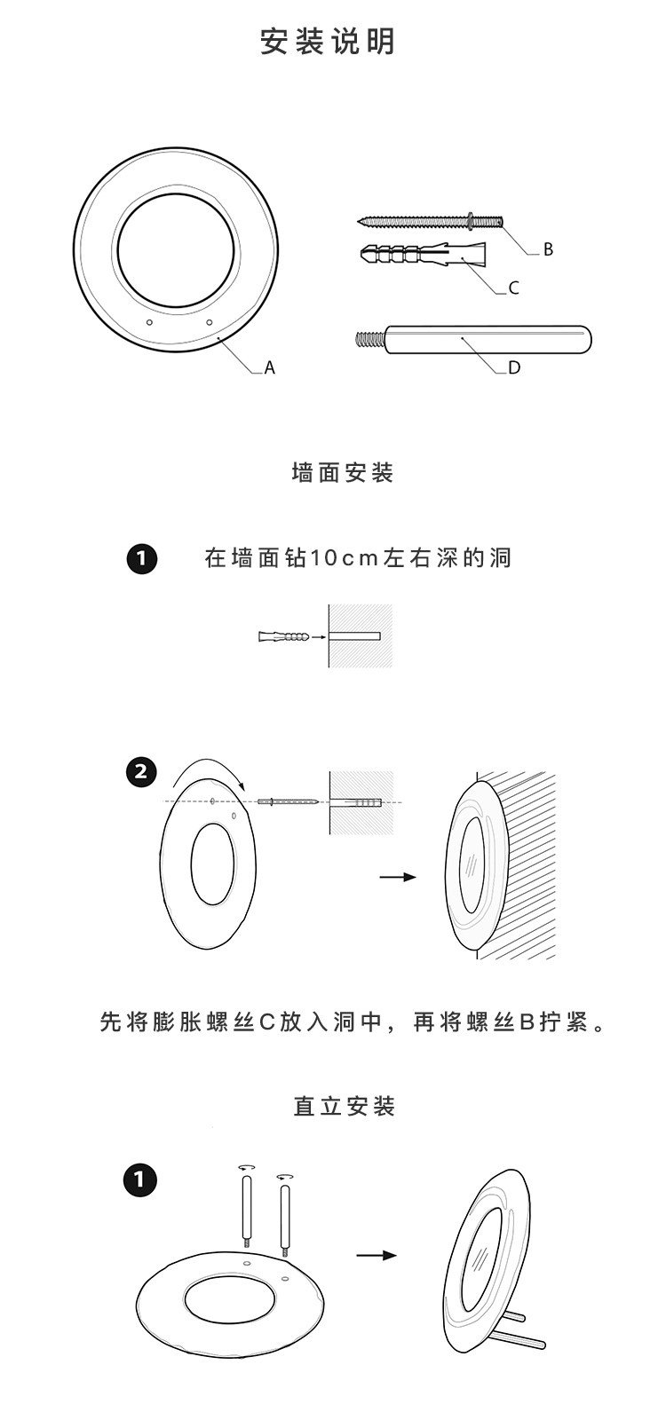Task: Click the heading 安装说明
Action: pyautogui.click(x=328, y=42)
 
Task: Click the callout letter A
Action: pyautogui.click(x=270, y=367)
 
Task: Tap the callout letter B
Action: pyautogui.click(x=548, y=249)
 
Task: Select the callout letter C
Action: pyautogui.click(x=513, y=288)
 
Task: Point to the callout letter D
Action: pyautogui.click(x=514, y=367)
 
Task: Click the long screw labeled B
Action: pyautogui.click(x=430, y=220)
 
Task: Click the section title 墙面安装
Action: pyautogui.click(x=343, y=472)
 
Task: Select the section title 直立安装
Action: pyautogui.click(x=345, y=1107)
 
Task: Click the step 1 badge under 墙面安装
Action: pyautogui.click(x=142, y=559)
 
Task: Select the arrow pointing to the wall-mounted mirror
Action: pyautogui.click(x=397, y=877)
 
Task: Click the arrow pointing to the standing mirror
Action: pyautogui.click(x=377, y=1255)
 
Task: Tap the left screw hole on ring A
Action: pyautogui.click(x=150, y=322)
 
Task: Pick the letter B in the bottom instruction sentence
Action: pyautogui.click(x=526, y=1022)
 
